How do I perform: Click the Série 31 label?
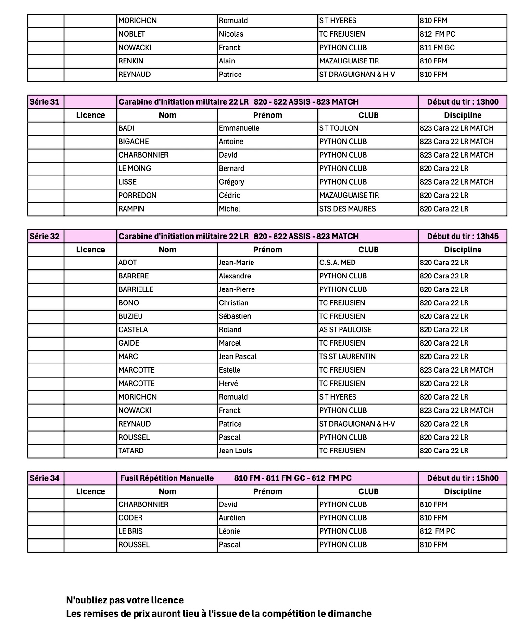point(45,102)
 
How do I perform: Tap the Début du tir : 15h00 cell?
point(463,478)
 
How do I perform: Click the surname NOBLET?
point(132,34)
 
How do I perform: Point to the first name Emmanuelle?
point(239,128)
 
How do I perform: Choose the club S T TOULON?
point(339,128)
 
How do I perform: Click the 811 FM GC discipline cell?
point(437,48)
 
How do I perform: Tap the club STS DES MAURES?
point(347,209)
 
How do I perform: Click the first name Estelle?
point(229,370)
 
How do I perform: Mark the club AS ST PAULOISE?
point(345,330)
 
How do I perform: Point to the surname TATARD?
point(131,451)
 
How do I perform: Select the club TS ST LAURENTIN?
point(347,357)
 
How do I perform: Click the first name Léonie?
point(229,531)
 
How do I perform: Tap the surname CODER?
point(130,518)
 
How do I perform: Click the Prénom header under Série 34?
point(267,491)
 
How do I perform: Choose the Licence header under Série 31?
point(90,115)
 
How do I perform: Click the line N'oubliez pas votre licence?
point(125,600)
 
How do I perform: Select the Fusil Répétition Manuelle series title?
point(167,478)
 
